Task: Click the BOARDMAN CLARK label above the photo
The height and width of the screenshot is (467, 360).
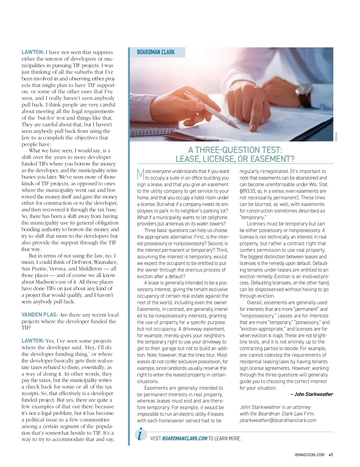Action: (156, 52)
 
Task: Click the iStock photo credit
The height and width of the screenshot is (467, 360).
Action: (336, 137)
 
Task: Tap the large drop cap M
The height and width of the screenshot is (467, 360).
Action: (140, 174)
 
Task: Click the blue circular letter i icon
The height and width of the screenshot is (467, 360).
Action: (141, 434)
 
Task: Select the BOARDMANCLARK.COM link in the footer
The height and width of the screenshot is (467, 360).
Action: (184, 439)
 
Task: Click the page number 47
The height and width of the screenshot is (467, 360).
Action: (331, 455)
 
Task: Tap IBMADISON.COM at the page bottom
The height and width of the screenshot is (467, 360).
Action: (309, 455)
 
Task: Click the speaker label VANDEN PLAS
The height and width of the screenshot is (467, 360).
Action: (40, 315)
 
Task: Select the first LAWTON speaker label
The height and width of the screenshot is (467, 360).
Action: (33, 52)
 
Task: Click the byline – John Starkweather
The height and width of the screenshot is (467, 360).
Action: (312, 394)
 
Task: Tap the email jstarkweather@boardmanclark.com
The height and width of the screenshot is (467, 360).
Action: (278, 420)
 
